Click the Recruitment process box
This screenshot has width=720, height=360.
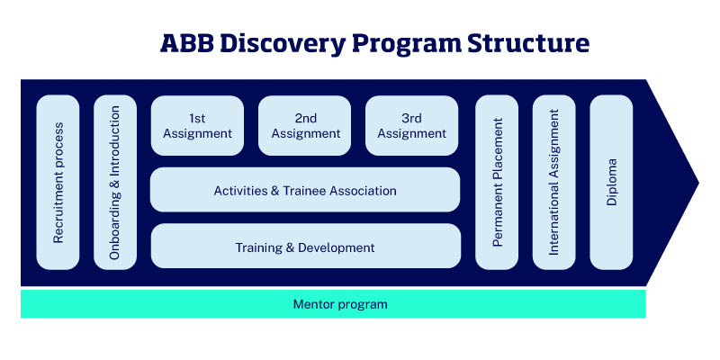coord(58,182)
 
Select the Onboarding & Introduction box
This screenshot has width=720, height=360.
coord(115,182)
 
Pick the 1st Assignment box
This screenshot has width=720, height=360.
coord(197,126)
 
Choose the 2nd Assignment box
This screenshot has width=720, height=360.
coord(305,126)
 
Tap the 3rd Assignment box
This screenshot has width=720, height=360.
coord(411,126)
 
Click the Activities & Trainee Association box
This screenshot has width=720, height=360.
coord(305,191)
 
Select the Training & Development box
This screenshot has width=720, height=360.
coord(305,247)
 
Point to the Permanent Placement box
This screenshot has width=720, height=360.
coord(497,182)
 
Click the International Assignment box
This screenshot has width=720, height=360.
coord(554,182)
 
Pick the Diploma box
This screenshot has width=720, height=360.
coord(612,182)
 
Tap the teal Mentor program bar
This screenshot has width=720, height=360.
coord(333,304)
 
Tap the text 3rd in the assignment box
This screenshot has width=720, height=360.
coord(411,118)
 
